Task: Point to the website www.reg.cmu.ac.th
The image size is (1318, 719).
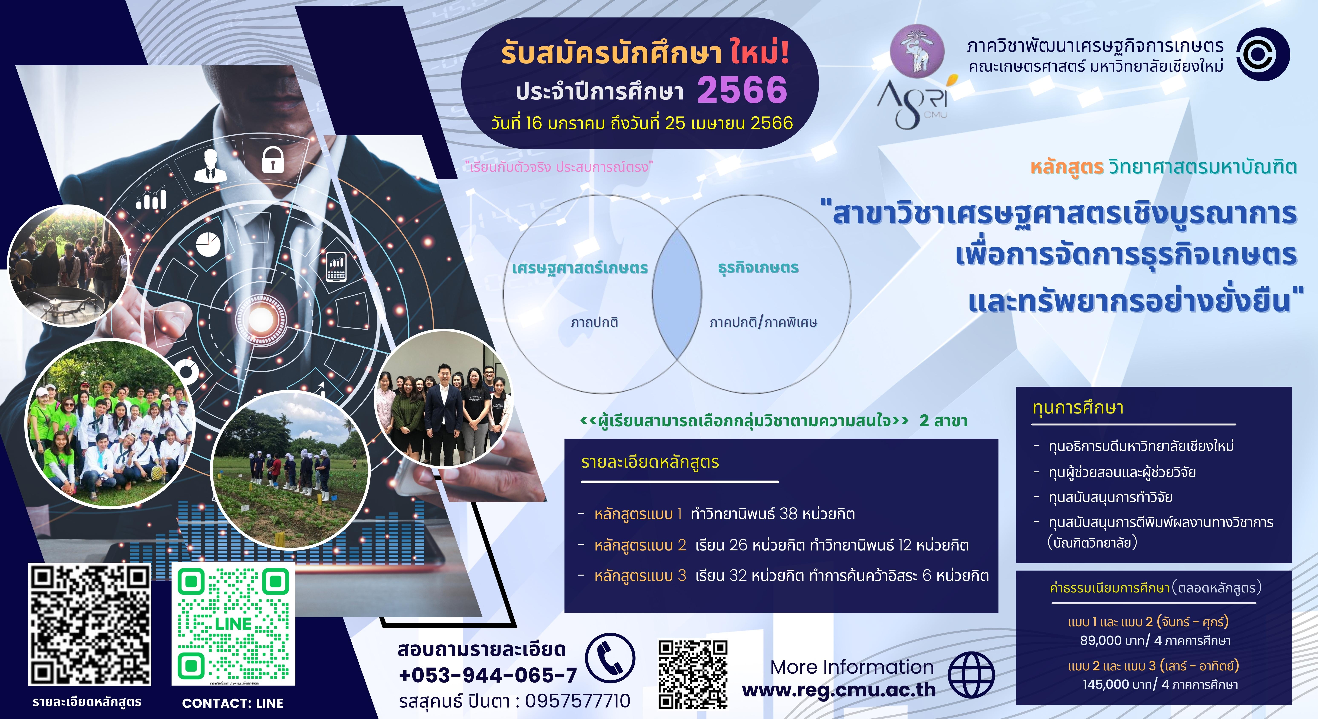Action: click(x=839, y=690)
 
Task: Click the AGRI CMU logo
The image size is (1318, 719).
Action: click(x=916, y=102)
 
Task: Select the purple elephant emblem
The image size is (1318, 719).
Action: click(x=917, y=50)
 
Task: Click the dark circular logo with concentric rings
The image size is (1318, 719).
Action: click(x=1263, y=54)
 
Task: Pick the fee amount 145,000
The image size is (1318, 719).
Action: click(x=1105, y=685)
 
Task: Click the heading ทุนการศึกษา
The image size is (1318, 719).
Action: click(x=1078, y=408)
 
